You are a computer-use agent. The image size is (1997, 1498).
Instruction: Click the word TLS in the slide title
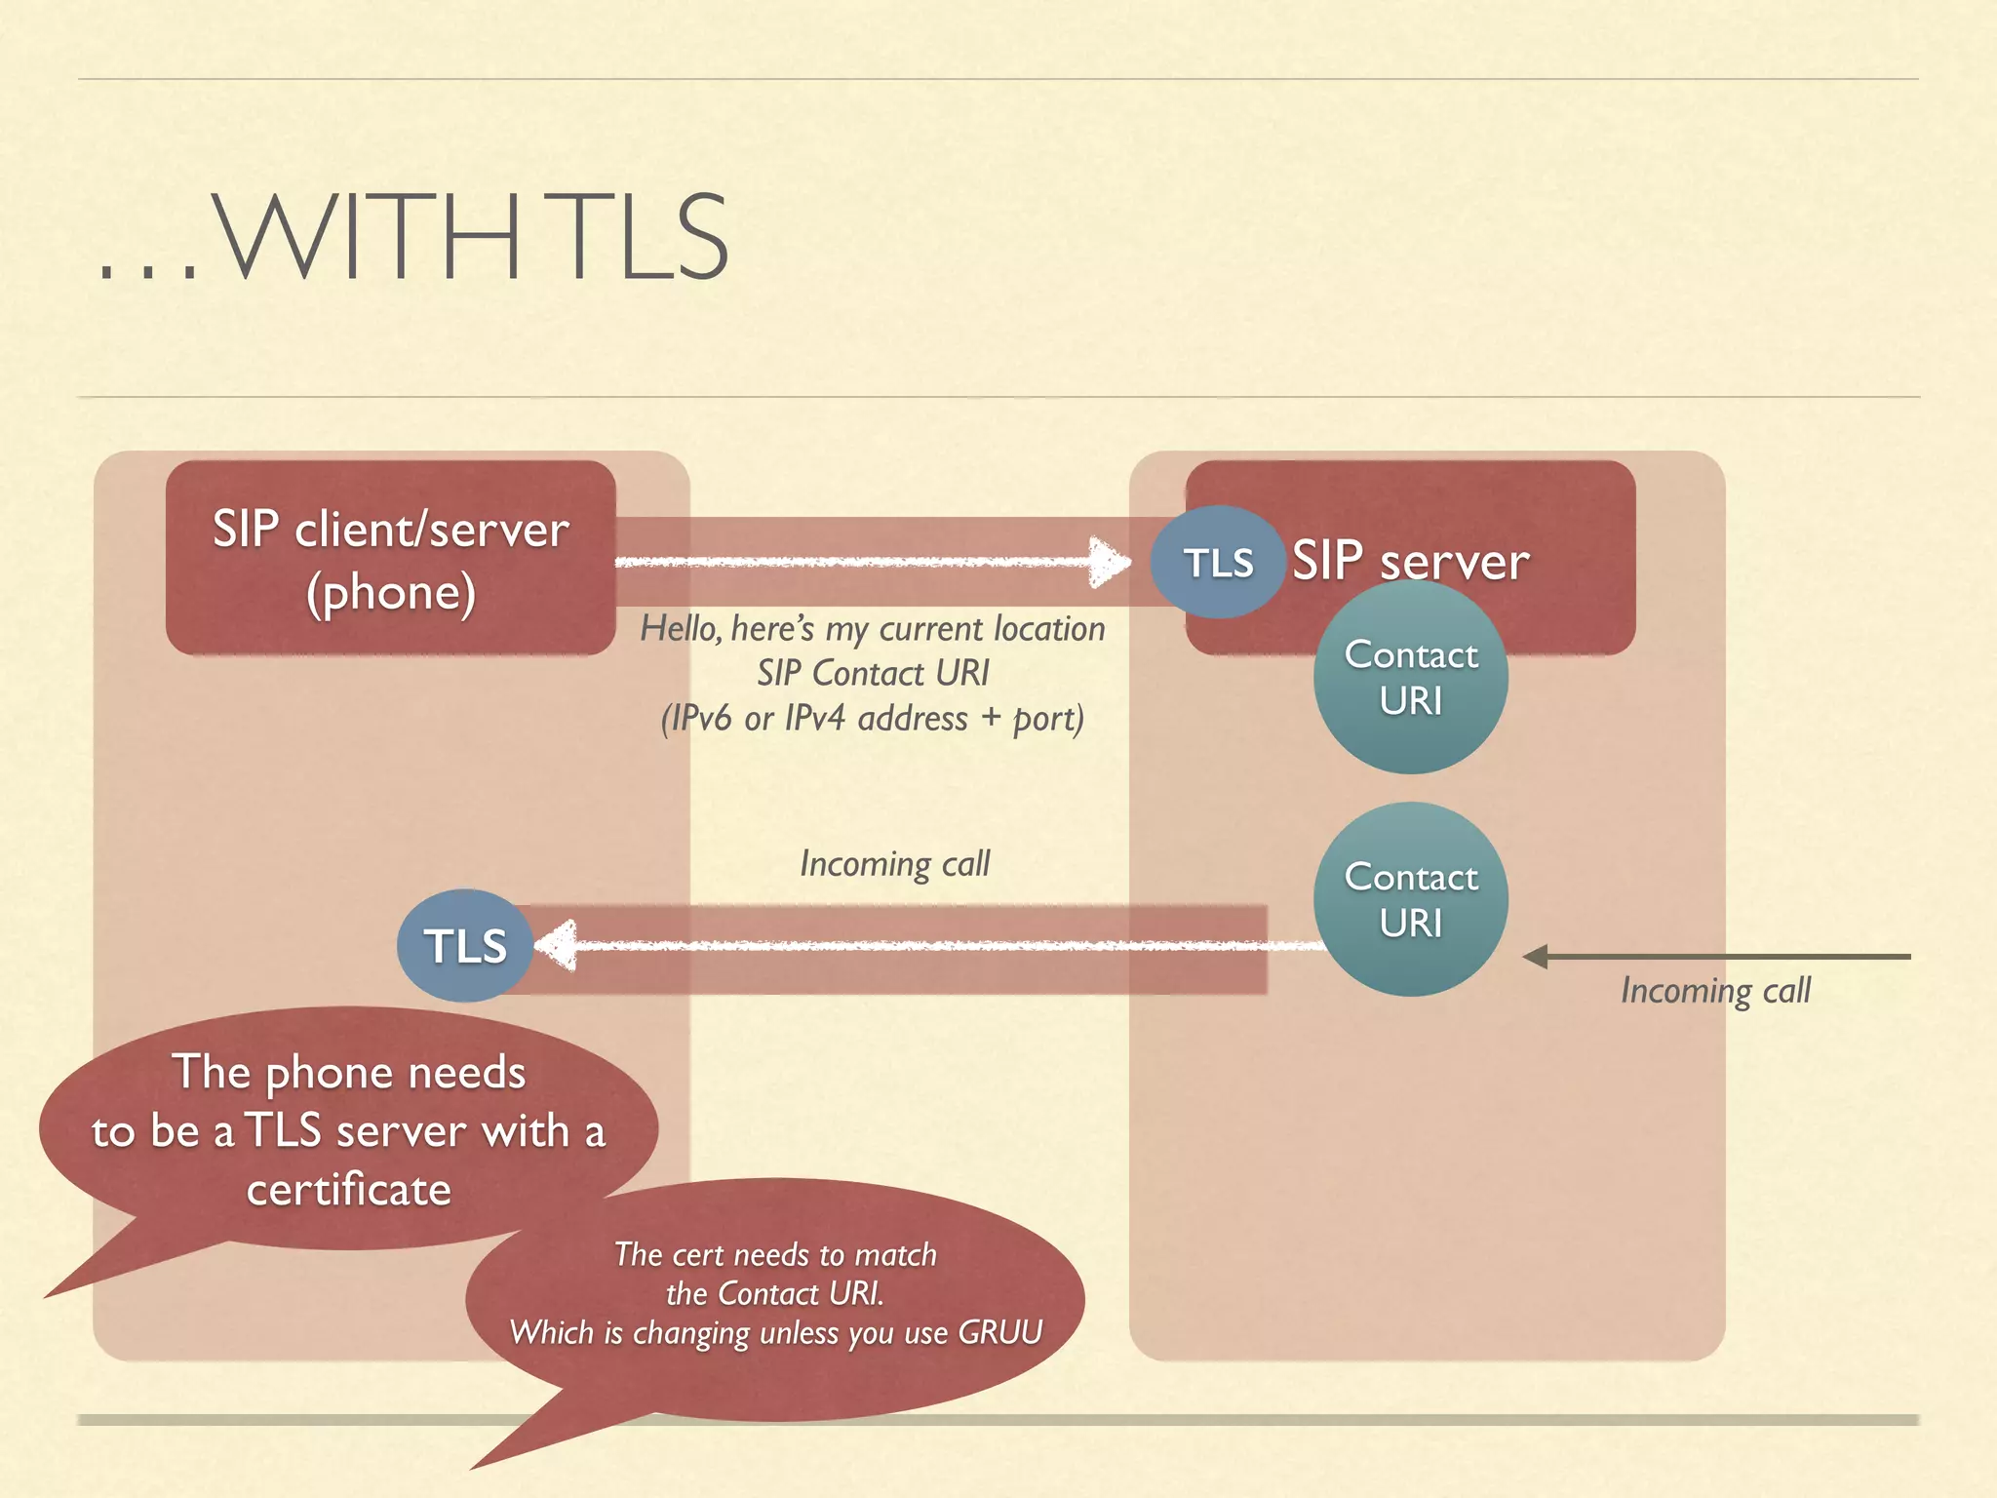click(644, 237)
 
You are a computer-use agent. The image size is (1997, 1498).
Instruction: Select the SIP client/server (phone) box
click(390, 558)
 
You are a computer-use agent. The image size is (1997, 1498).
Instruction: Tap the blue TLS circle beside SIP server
click(1217, 563)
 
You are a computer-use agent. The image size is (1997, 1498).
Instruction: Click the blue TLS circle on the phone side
click(465, 946)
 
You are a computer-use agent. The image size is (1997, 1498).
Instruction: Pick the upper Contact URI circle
click(1411, 678)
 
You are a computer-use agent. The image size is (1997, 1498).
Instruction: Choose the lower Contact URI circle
click(1411, 899)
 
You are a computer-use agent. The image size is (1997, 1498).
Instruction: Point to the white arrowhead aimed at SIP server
click(1109, 563)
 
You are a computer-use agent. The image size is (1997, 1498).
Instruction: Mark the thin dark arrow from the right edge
click(1716, 957)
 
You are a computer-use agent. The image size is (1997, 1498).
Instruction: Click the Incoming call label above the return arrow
click(894, 864)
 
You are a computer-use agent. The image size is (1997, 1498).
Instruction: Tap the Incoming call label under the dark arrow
click(1715, 991)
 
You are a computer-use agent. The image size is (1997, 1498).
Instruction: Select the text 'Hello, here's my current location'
click(873, 629)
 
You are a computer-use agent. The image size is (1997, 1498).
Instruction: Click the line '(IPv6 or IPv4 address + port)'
click(873, 719)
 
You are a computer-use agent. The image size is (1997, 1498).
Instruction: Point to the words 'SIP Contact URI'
click(873, 674)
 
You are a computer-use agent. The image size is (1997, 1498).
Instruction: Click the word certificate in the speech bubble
click(349, 1190)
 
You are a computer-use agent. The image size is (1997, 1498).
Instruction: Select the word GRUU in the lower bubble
click(1000, 1332)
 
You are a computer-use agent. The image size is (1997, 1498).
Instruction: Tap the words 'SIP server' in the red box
click(1410, 562)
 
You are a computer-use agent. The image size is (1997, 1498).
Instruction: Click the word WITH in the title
click(366, 237)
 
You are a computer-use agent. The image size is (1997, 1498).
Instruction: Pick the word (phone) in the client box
click(390, 593)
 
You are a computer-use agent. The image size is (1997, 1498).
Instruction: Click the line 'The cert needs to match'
click(775, 1254)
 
